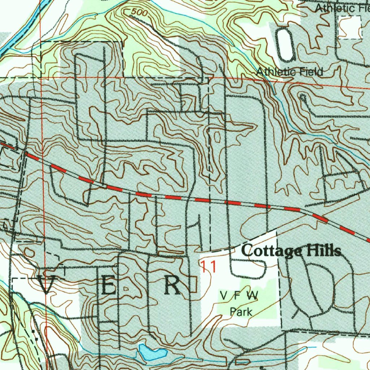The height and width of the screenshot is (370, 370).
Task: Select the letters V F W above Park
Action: pyautogui.click(x=240, y=296)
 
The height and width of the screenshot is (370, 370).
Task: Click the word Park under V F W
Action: pyautogui.click(x=241, y=311)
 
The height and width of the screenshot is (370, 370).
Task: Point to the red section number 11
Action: pyautogui.click(x=209, y=267)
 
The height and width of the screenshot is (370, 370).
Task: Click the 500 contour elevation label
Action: pyautogui.click(x=139, y=13)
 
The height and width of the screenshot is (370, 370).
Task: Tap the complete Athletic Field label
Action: pyautogui.click(x=289, y=72)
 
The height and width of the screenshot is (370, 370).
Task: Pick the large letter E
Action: pyautogui.click(x=108, y=286)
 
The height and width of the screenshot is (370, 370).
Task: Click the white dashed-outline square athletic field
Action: pyautogui.click(x=351, y=27)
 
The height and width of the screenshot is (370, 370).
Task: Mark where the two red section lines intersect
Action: pyautogui.click(x=42, y=77)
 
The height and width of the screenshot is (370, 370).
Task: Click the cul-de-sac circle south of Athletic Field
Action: pyautogui.click(x=303, y=97)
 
